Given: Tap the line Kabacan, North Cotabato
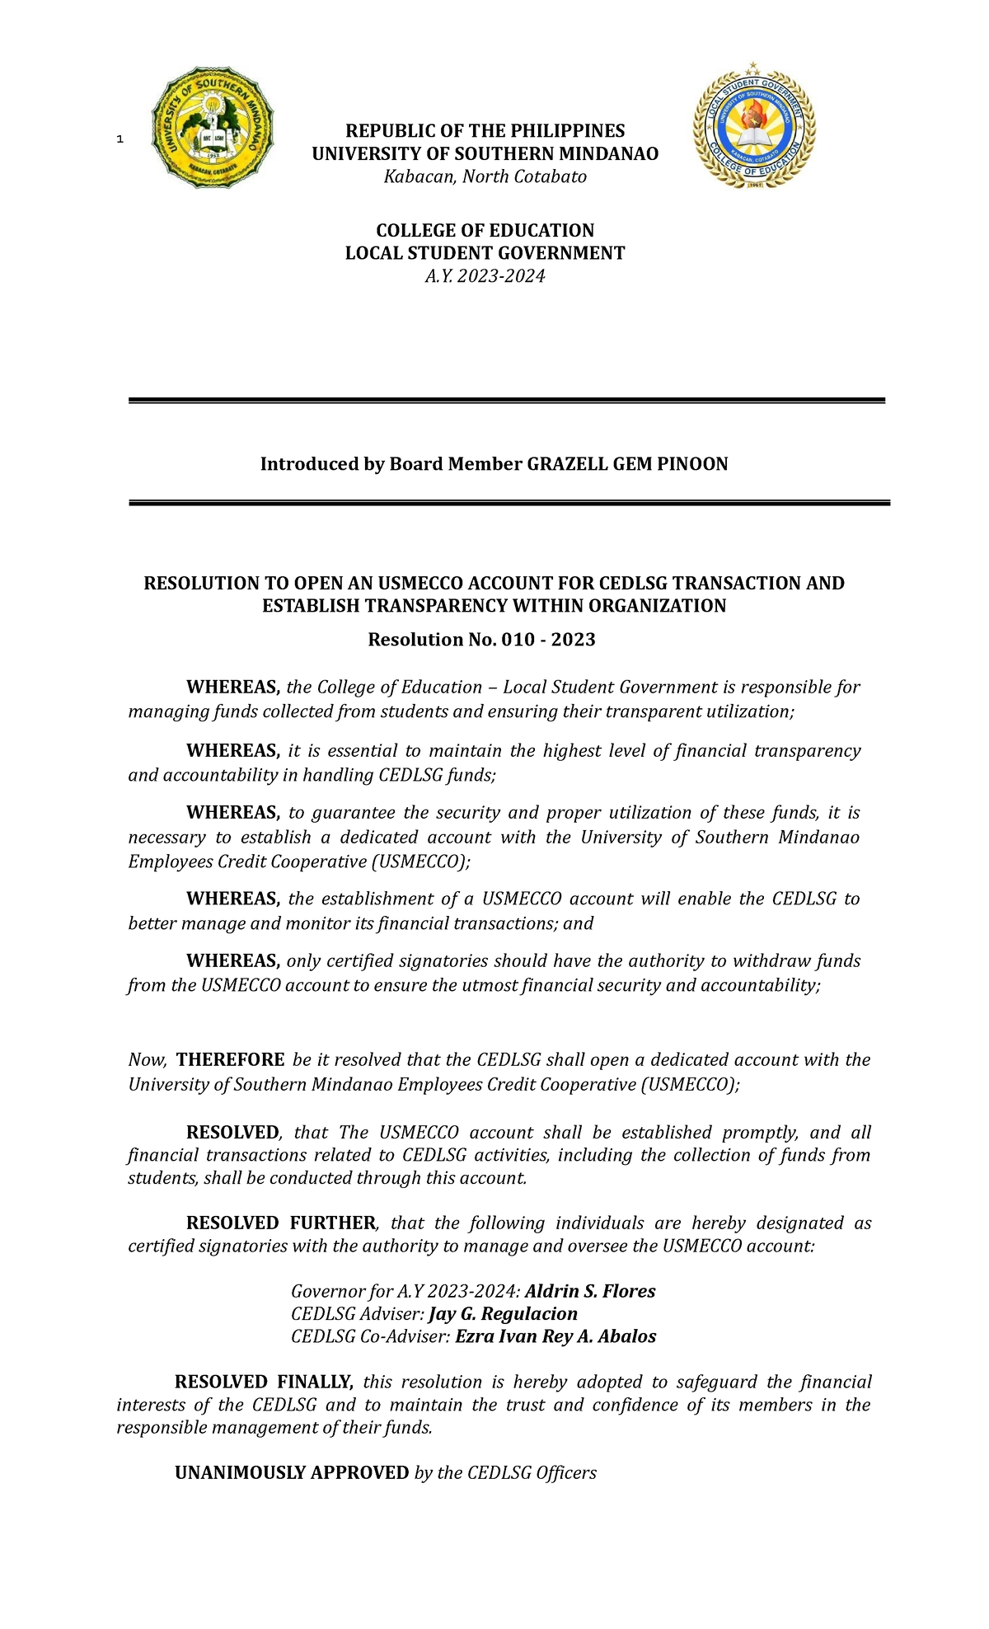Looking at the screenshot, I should point(485,176).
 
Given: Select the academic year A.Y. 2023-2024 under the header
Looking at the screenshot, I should point(485,276).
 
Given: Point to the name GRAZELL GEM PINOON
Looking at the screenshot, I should point(627,464).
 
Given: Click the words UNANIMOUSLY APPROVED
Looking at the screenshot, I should point(292,1472).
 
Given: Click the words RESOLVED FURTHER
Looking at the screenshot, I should point(281,1223).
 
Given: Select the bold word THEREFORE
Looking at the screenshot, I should point(231,1059).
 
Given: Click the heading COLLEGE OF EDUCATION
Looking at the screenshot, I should point(485,230).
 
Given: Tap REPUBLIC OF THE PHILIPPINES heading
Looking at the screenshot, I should point(485,131).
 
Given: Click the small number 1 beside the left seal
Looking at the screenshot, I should point(120,139).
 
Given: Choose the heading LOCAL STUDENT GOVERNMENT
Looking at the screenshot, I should point(485,253).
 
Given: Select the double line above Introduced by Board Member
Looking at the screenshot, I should point(506,401).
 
